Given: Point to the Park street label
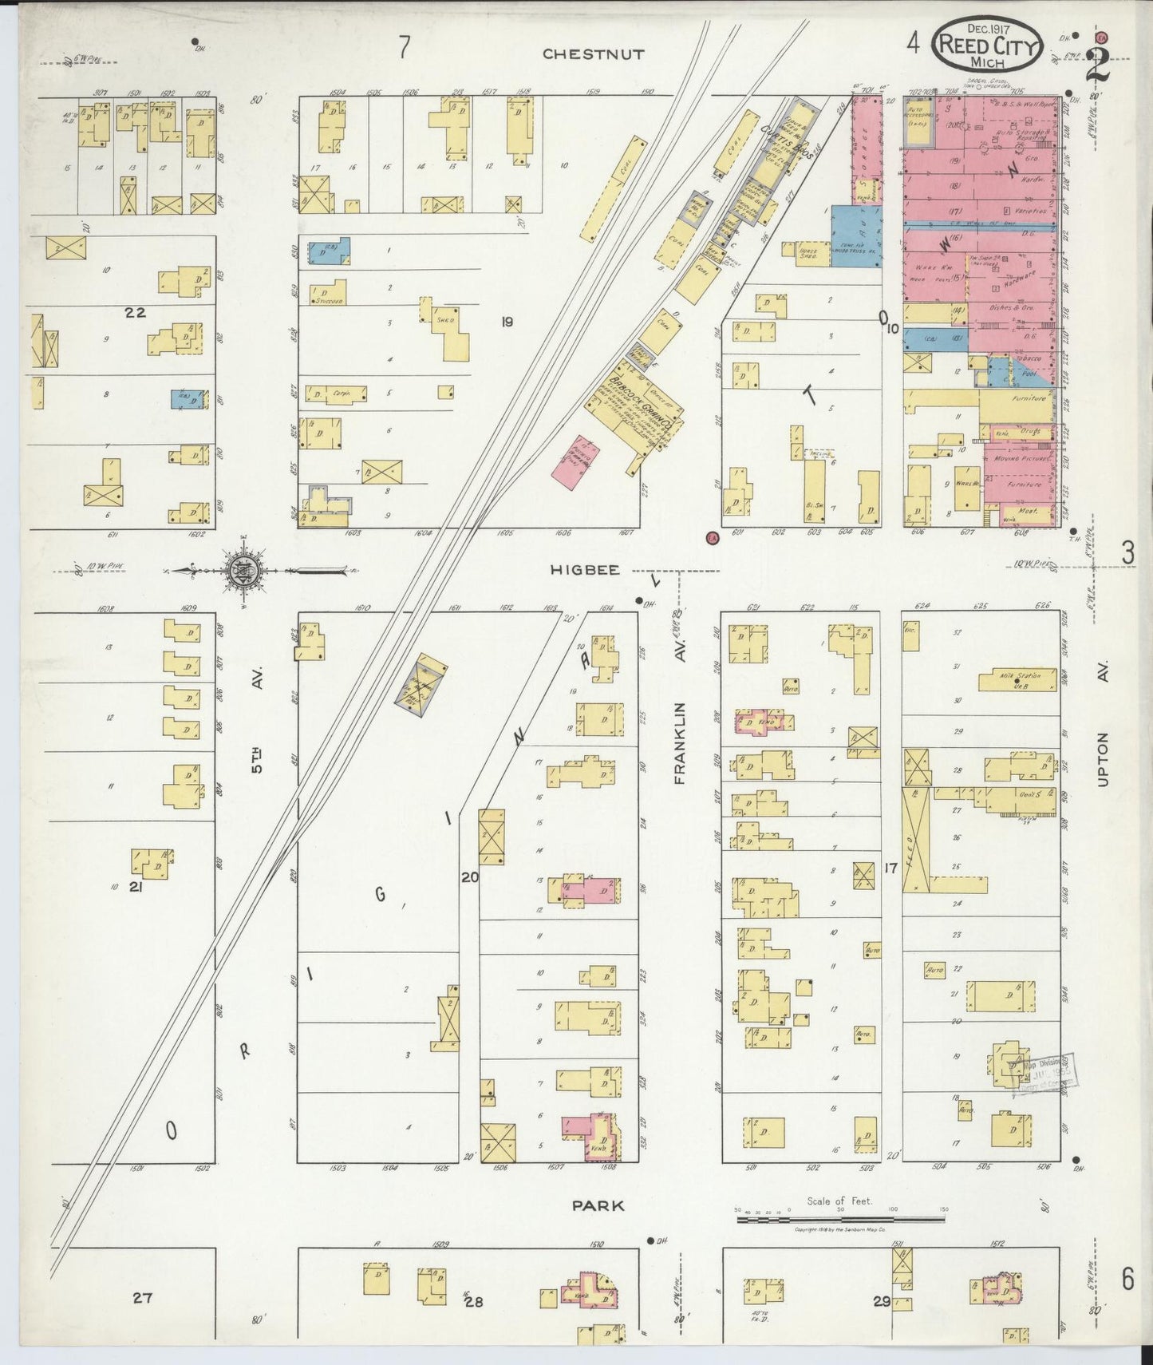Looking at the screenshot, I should (598, 1205).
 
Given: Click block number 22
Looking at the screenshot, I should (136, 312).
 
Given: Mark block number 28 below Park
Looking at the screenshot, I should (474, 1302).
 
